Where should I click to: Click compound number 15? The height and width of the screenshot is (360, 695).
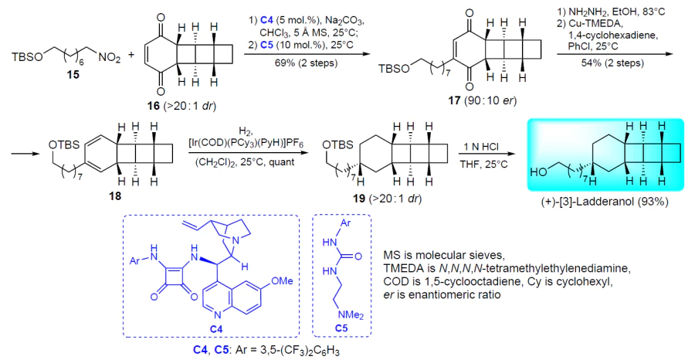(73, 74)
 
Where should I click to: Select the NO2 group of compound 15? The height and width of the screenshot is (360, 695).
(109, 58)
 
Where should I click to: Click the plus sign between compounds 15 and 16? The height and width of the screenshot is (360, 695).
(131, 57)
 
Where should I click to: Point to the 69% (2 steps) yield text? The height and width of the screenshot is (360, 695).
(308, 63)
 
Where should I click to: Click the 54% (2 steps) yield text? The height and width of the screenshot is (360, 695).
(613, 63)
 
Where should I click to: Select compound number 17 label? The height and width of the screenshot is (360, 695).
(454, 100)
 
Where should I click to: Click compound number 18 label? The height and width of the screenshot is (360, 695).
(115, 195)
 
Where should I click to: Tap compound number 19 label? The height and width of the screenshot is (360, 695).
(358, 199)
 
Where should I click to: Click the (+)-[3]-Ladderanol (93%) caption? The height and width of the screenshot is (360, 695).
(605, 202)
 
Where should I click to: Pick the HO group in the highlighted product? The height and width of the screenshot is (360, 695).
(539, 172)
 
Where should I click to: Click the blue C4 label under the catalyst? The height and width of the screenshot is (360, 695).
(217, 328)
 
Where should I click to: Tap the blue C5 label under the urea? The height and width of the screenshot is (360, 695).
(341, 328)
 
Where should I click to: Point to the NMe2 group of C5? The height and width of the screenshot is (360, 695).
(350, 315)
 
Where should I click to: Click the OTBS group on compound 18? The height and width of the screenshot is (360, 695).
(63, 145)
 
